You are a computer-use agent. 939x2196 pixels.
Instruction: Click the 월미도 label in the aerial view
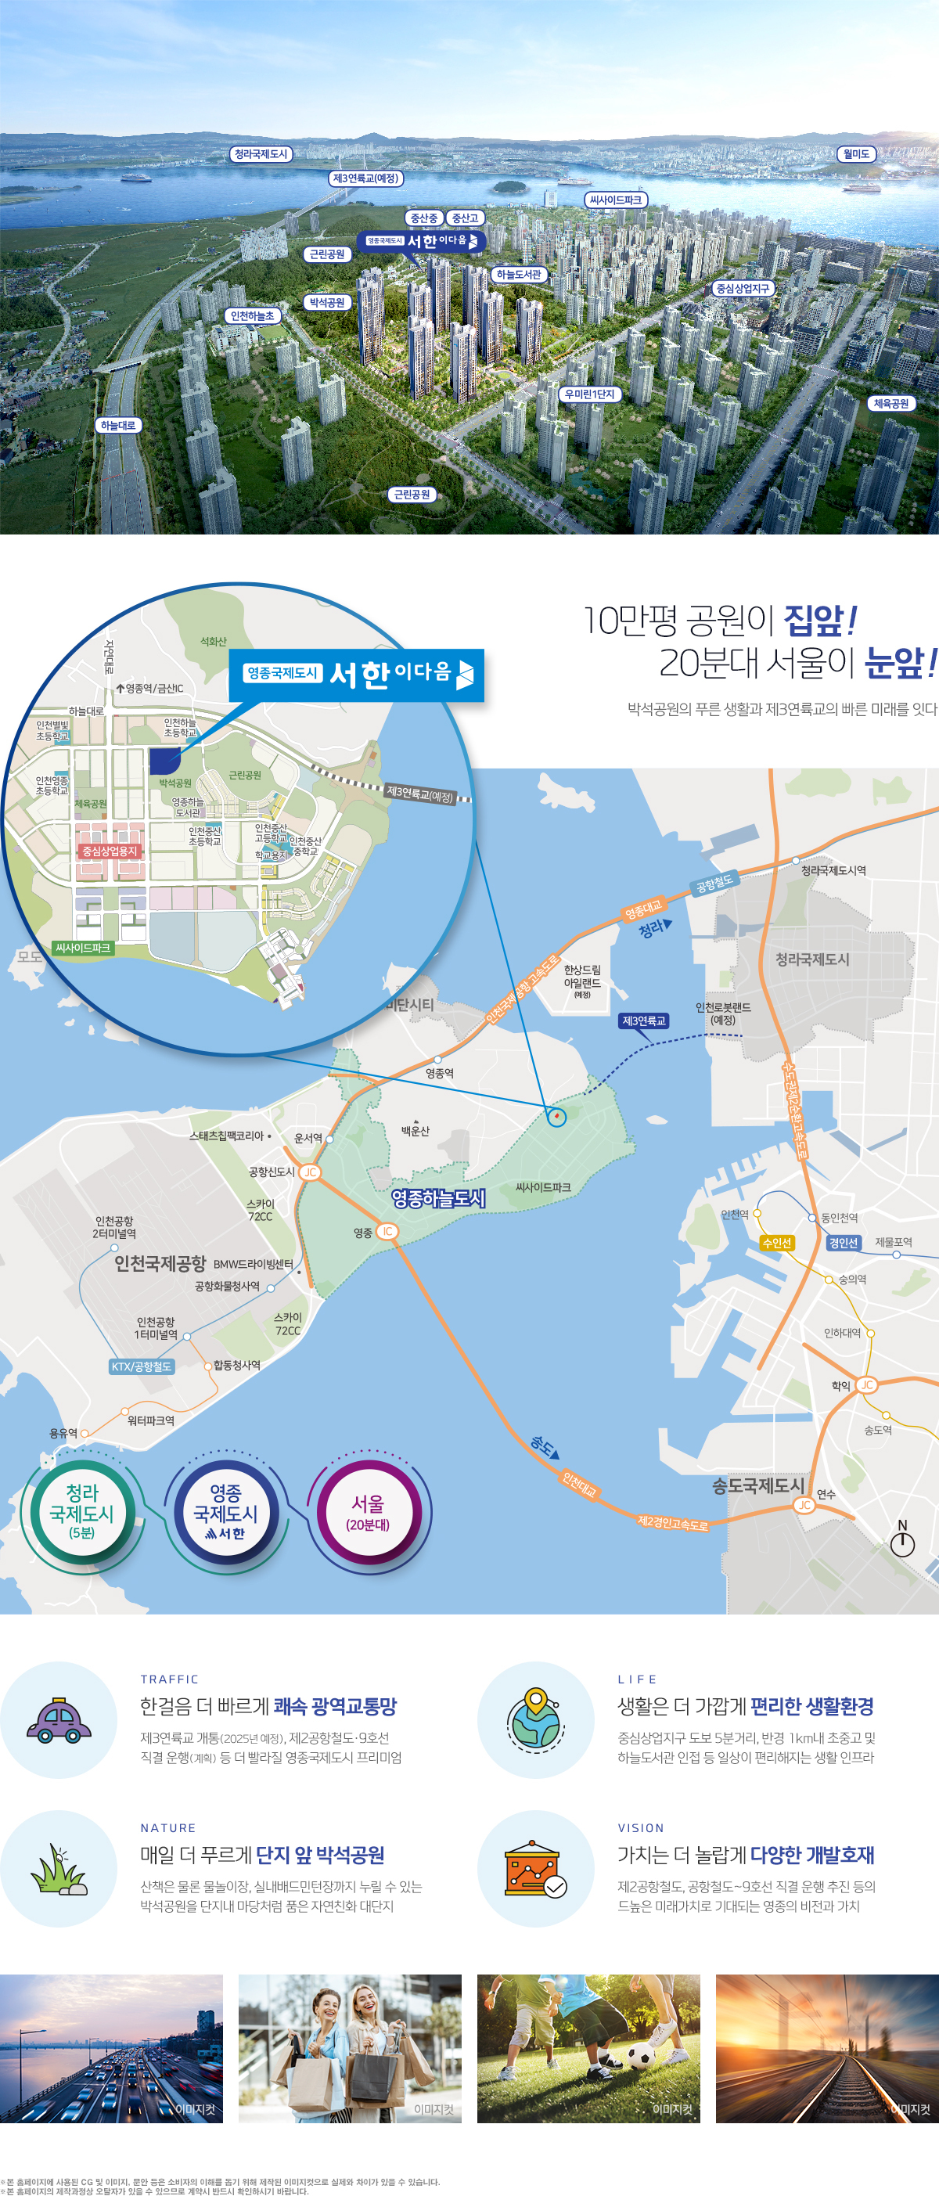point(856,154)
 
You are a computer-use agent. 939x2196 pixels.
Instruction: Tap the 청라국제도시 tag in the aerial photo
point(261,154)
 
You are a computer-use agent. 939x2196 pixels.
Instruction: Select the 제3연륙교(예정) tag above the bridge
point(365,178)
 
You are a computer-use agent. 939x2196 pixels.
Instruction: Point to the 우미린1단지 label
point(590,394)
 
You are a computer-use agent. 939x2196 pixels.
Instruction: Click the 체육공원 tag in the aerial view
point(891,403)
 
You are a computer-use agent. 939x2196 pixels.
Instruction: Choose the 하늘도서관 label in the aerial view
point(519,275)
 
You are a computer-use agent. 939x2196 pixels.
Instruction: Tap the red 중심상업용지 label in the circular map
point(109,851)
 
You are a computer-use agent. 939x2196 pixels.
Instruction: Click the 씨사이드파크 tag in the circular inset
point(83,948)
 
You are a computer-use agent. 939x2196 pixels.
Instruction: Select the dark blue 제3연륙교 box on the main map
point(643,1021)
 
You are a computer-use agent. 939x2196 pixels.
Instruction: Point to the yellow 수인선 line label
point(776,1243)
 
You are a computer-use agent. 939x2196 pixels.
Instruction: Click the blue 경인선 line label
point(843,1243)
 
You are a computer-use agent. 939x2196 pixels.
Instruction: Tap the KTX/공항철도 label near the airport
point(142,1366)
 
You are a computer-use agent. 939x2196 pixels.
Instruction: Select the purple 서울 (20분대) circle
point(367,1512)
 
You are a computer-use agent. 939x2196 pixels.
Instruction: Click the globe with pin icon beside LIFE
point(535,1719)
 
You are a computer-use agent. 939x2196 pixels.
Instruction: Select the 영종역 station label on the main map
point(440,1073)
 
